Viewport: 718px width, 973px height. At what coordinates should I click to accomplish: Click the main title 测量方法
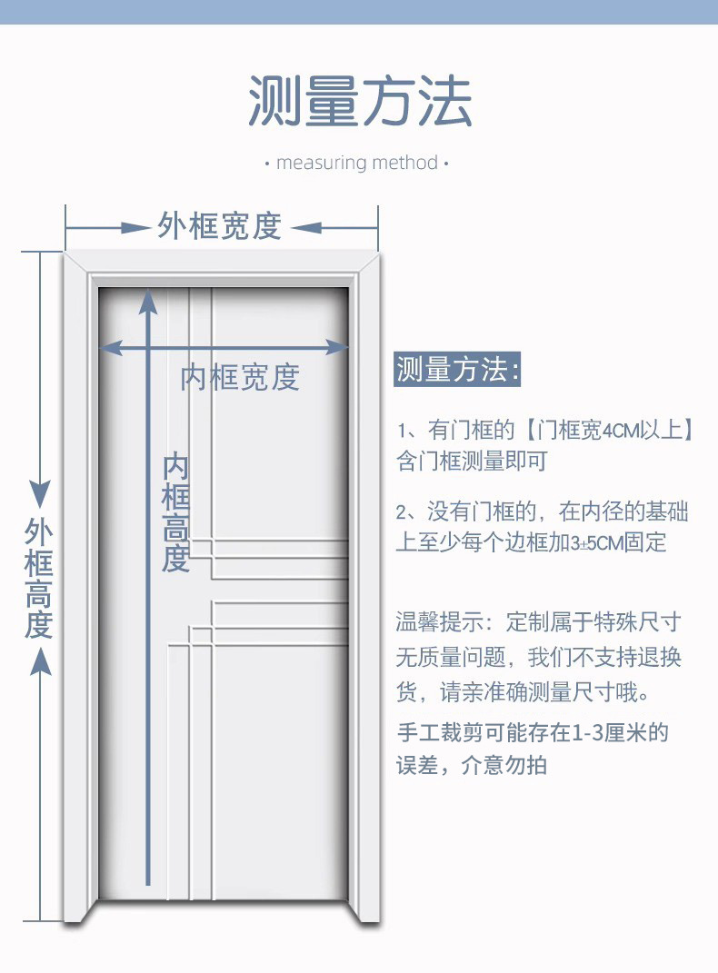(x=360, y=100)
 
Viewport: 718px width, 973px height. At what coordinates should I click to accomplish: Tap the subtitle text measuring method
(x=357, y=164)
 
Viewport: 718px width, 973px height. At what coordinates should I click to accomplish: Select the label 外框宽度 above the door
(x=221, y=226)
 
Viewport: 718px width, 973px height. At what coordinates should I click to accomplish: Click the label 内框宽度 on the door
(x=240, y=376)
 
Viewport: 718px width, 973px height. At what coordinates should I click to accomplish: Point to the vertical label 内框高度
(x=175, y=512)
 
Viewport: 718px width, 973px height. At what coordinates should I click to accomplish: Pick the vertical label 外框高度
(x=39, y=579)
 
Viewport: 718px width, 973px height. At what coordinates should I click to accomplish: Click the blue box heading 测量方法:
(x=458, y=371)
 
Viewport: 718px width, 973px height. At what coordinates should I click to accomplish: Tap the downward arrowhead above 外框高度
(x=39, y=494)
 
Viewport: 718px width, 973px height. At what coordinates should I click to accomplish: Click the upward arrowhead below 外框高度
(x=39, y=663)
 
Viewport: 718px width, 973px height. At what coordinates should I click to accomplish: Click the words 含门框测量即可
(x=472, y=461)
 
